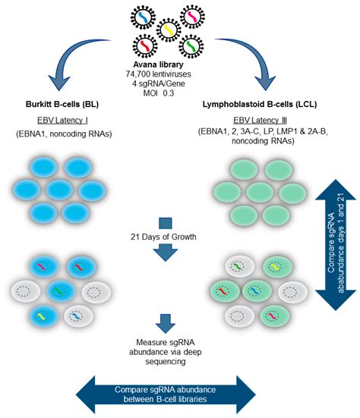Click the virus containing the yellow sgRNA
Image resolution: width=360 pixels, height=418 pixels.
[169, 30]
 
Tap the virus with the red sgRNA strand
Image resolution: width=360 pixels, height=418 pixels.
[145, 46]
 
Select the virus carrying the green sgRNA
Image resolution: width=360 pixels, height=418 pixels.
[191, 46]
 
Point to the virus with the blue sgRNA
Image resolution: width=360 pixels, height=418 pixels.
[143, 17]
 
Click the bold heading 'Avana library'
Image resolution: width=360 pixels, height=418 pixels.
[158, 64]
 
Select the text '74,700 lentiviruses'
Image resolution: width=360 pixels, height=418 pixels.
[158, 74]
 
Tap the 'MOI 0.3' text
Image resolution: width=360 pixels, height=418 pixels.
[158, 93]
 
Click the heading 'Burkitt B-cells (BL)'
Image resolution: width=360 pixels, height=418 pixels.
[62, 104]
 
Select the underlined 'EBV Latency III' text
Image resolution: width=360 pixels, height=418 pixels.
[260, 121]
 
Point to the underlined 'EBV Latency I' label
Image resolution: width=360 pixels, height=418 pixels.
[62, 121]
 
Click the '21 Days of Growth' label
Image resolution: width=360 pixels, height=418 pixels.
[163, 237]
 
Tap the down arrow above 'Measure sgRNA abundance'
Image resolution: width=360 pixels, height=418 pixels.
[166, 324]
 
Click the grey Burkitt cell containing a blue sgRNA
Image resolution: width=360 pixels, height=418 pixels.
[78, 316]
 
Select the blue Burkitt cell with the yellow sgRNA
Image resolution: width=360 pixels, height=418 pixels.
[44, 316]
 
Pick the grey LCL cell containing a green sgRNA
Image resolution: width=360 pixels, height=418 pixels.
[239, 266]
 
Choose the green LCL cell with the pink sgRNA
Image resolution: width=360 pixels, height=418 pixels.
[274, 316]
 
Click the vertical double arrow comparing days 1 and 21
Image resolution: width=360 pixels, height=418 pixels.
[336, 245]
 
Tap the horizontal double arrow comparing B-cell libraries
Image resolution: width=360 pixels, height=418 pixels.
[166, 394]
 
